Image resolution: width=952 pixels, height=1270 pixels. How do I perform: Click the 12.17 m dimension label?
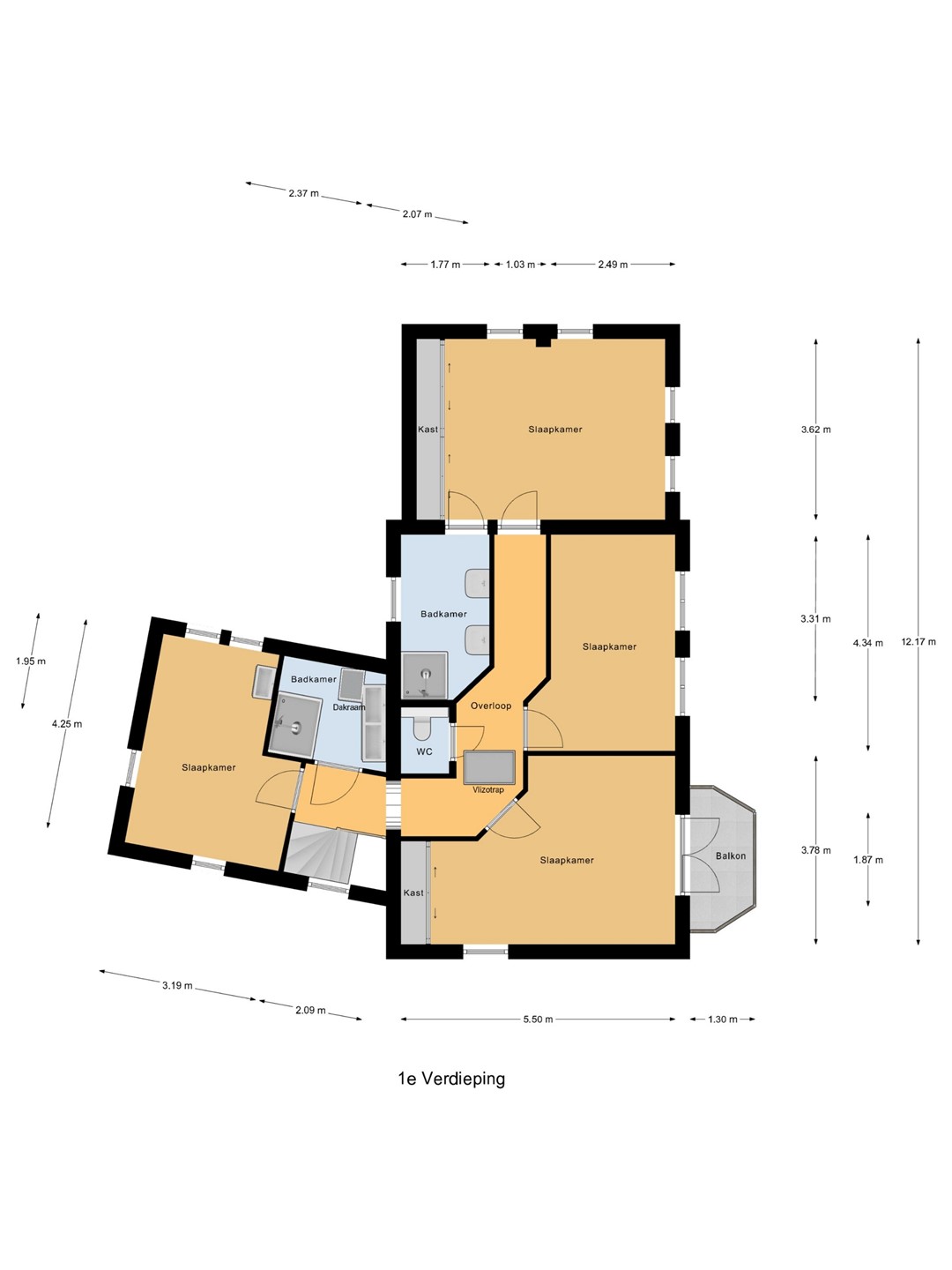point(918,641)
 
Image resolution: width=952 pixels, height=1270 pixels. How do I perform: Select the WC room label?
point(424,751)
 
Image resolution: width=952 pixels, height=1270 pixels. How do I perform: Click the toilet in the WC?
point(422,728)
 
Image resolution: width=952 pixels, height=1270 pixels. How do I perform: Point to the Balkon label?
point(731,855)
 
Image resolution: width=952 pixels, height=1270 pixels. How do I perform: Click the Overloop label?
point(491,706)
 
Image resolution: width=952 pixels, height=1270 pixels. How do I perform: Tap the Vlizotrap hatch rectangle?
point(489,767)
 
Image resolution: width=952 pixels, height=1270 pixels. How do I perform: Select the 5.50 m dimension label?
point(538,1020)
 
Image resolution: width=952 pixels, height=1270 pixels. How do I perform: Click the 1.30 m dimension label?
point(723,1020)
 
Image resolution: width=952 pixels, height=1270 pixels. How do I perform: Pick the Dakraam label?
point(348,707)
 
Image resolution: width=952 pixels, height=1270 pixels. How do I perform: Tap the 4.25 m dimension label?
point(67,724)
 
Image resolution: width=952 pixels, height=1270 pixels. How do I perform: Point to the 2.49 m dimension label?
point(613,265)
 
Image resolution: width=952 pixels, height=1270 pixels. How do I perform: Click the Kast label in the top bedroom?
point(428,430)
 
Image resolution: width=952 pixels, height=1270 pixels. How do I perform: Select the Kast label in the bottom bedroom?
point(413,893)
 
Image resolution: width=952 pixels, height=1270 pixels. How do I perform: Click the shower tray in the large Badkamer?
point(425,676)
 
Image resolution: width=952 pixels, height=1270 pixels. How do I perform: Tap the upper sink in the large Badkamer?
point(478,583)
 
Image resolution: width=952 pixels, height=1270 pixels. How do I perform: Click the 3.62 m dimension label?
point(815,430)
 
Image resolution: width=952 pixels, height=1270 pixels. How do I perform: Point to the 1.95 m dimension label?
point(31,661)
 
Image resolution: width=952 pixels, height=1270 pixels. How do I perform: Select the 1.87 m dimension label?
point(868,860)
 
